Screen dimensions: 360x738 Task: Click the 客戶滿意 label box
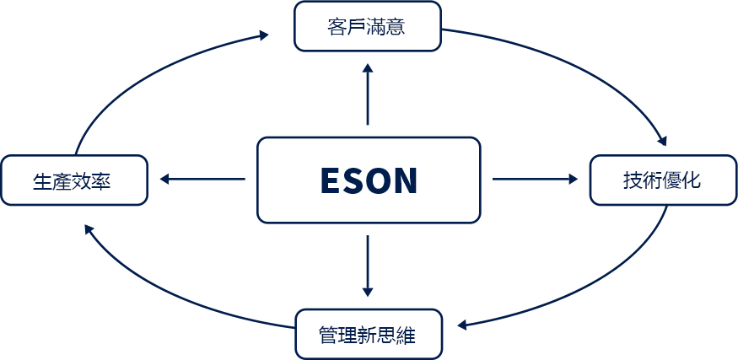[x=368, y=25]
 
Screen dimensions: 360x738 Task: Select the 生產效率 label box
[x=73, y=180]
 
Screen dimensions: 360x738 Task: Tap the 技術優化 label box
[x=664, y=180]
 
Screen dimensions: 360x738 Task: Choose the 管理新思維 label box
[x=368, y=335]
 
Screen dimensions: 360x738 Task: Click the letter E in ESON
[x=332, y=181]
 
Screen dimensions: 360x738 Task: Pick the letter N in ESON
[x=404, y=181]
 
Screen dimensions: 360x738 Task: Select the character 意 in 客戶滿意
[x=396, y=26]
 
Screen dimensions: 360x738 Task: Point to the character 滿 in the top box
[x=377, y=26]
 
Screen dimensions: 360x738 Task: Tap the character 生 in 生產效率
[x=42, y=181]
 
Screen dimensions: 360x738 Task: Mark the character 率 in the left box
[x=102, y=181]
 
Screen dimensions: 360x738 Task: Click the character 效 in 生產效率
[x=82, y=181]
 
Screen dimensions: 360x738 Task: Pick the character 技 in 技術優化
[x=633, y=180]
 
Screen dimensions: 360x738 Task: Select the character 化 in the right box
[x=692, y=180]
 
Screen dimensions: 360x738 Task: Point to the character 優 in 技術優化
[x=673, y=180]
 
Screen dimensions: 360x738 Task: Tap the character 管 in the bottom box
[x=328, y=336]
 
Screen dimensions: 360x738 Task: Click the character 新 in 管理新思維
[x=368, y=336]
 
